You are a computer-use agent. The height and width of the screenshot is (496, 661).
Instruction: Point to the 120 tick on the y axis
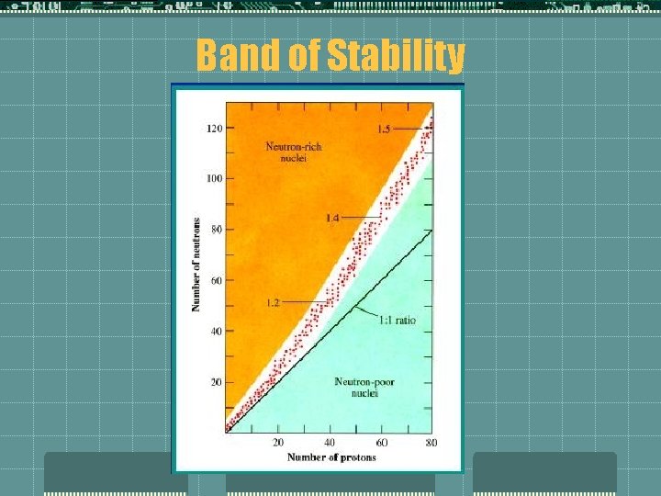(x=214, y=128)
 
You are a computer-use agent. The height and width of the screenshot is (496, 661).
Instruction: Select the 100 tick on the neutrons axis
(x=214, y=178)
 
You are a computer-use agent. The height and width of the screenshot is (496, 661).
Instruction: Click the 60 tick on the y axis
(x=216, y=280)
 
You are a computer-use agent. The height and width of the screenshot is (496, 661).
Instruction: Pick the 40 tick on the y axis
(x=216, y=331)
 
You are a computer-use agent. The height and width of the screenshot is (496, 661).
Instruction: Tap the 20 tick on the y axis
(x=216, y=381)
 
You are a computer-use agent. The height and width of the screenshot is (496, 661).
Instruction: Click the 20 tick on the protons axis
(x=277, y=443)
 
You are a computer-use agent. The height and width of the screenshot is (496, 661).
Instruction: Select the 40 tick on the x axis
(x=329, y=443)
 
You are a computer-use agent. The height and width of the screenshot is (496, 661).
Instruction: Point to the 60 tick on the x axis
(x=380, y=443)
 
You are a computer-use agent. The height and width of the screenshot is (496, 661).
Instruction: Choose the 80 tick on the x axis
(x=431, y=443)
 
